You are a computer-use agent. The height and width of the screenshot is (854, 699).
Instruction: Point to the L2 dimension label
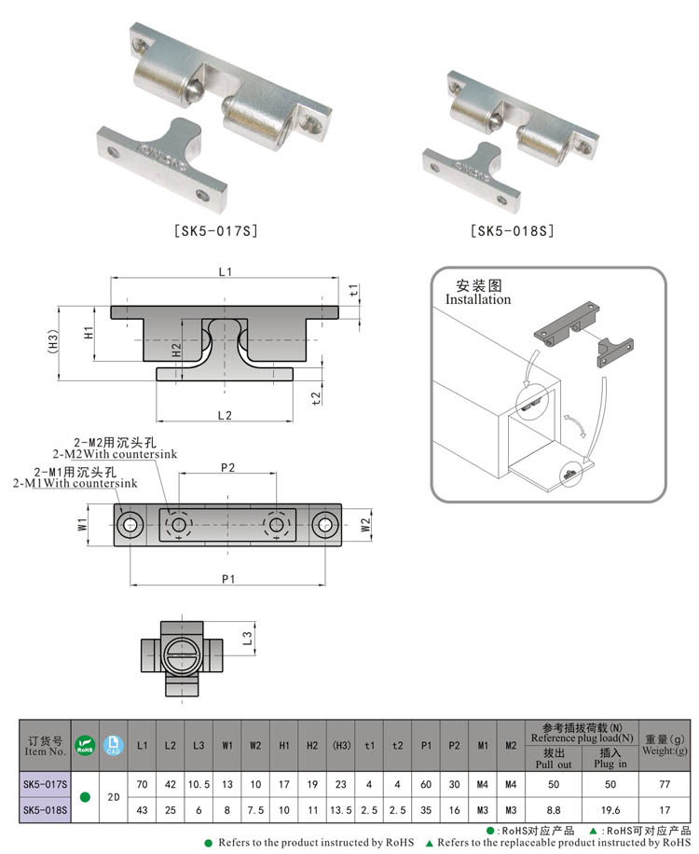pyautogui.click(x=225, y=413)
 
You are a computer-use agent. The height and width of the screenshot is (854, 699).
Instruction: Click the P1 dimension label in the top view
pyautogui.click(x=228, y=579)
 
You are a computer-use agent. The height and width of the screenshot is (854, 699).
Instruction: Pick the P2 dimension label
pyautogui.click(x=227, y=467)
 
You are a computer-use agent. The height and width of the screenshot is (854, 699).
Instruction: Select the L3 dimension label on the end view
pyautogui.click(x=247, y=638)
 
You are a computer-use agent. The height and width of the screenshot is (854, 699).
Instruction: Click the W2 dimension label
pyautogui.click(x=365, y=526)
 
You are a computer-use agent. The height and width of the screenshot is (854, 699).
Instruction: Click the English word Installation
pyautogui.click(x=477, y=299)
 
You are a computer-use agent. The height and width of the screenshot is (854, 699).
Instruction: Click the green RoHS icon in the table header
pyautogui.click(x=85, y=743)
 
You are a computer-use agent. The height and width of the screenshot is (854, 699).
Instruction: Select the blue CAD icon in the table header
pyautogui.click(x=113, y=743)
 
